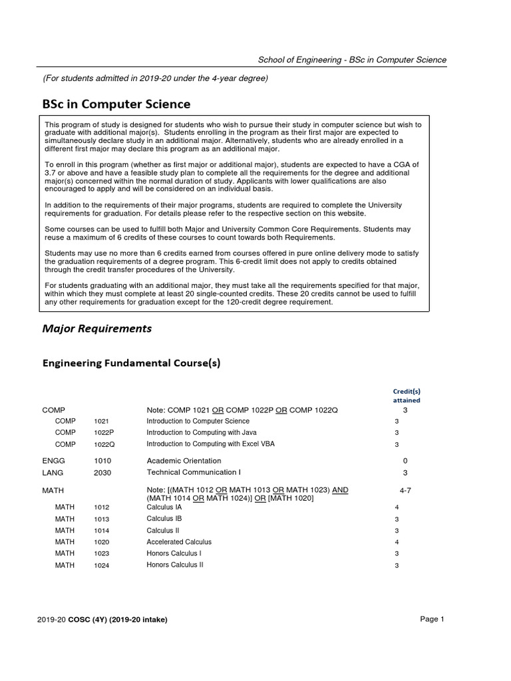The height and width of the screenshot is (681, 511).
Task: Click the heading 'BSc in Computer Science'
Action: click(x=116, y=104)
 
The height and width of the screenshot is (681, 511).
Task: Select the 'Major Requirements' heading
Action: click(x=97, y=329)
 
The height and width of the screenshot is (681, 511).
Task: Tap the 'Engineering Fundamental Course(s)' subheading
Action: click(x=131, y=363)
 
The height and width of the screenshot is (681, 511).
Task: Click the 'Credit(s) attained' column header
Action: click(x=405, y=396)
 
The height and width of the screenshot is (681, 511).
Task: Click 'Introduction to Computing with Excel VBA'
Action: click(x=210, y=444)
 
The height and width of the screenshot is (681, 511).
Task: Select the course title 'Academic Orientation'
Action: click(x=184, y=461)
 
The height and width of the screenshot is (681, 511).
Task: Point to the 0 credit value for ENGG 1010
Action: click(x=405, y=461)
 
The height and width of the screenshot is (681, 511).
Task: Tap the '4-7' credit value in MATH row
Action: click(x=405, y=490)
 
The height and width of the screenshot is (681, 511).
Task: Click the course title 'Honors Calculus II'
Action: click(x=175, y=565)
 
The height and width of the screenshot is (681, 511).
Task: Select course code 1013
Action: click(x=102, y=519)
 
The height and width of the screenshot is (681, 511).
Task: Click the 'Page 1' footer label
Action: click(x=432, y=619)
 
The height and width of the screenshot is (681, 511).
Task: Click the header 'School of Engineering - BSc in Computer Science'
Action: click(x=352, y=60)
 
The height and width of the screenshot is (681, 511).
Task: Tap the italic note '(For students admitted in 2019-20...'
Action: click(x=156, y=78)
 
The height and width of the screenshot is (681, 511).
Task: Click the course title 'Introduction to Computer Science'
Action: click(x=198, y=421)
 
